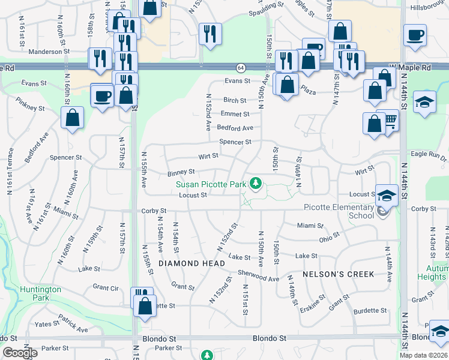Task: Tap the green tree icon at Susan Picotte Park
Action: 256,182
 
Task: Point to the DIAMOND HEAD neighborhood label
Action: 192,263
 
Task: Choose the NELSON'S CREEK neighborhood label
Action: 339,274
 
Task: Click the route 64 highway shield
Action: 240,67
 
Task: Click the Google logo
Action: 20,353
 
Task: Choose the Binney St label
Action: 181,173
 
